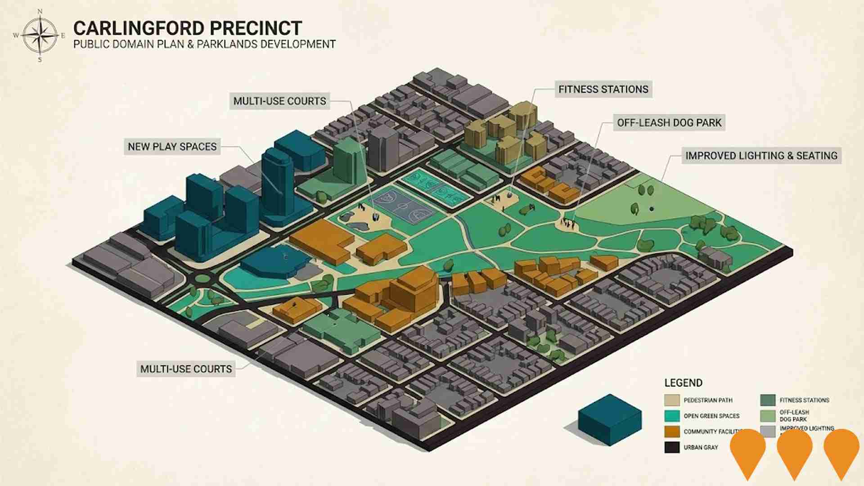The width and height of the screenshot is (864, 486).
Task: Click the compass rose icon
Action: click(x=40, y=35)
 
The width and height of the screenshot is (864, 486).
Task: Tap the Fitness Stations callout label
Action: click(x=603, y=89)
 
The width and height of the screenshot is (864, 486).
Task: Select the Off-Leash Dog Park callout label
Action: click(x=669, y=122)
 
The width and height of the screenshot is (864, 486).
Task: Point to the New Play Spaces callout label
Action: click(x=172, y=147)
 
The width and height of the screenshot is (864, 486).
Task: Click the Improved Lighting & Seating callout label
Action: click(x=761, y=156)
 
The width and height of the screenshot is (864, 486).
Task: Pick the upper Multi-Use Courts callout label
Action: click(x=279, y=101)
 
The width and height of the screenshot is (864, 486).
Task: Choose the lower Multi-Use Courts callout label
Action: click(x=186, y=369)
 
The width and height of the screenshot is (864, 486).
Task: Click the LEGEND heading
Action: click(x=683, y=383)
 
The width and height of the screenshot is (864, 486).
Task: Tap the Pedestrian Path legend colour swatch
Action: click(x=672, y=400)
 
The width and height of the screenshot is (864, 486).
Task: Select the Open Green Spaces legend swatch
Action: click(x=672, y=416)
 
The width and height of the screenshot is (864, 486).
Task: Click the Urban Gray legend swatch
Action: click(x=672, y=447)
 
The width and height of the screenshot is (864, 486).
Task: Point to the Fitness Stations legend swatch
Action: click(x=768, y=400)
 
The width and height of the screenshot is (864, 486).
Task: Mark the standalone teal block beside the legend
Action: click(x=610, y=418)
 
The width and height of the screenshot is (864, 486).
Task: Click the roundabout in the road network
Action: click(x=203, y=279)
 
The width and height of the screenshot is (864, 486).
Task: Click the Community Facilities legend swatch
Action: click(x=672, y=432)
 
